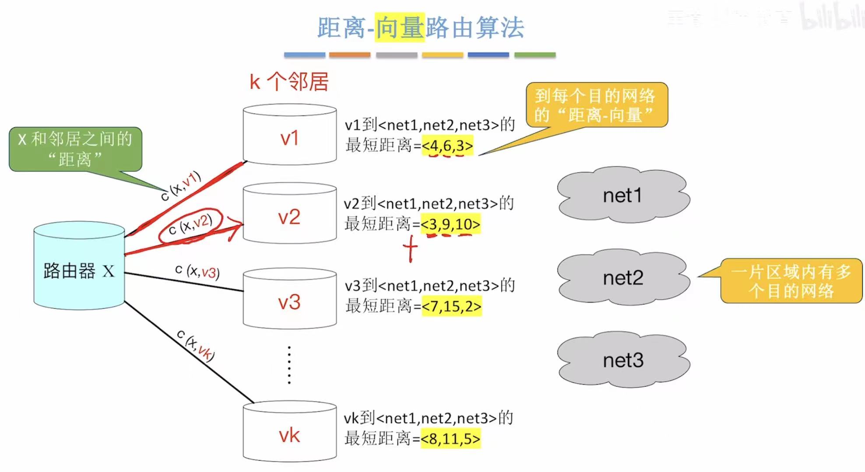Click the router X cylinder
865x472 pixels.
pyautogui.click(x=79, y=267)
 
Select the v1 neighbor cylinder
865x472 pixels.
pyautogui.click(x=289, y=136)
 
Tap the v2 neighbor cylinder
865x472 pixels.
pyautogui.click(x=289, y=214)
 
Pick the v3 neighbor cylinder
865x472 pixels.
pyautogui.click(x=289, y=300)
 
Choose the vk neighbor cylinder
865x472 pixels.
pyautogui.click(x=289, y=433)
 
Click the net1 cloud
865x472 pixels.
pyautogui.click(x=622, y=195)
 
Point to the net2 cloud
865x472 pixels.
pyautogui.click(x=622, y=277)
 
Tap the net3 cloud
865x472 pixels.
pyautogui.click(x=622, y=360)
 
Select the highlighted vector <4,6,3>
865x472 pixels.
pyautogui.click(x=447, y=146)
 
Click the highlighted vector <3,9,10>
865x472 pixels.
pyautogui.click(x=450, y=224)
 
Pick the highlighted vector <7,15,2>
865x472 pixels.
pyautogui.click(x=451, y=306)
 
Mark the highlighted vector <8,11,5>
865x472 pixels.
pyautogui.click(x=450, y=438)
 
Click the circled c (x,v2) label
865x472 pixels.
pyautogui.click(x=190, y=225)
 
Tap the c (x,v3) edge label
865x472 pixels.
pyautogui.click(x=197, y=271)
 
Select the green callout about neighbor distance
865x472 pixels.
pyautogui.click(x=75, y=149)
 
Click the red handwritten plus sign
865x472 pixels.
pyautogui.click(x=410, y=248)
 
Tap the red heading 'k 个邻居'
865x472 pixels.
pyautogui.click(x=289, y=82)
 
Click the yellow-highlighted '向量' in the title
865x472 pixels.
pyautogui.click(x=400, y=28)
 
